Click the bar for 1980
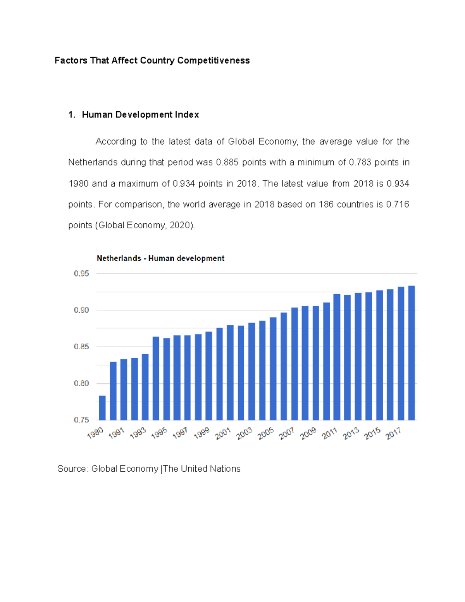point(102,407)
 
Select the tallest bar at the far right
point(412,353)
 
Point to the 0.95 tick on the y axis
point(81,274)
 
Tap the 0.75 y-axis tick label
point(81,420)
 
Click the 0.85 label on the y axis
point(81,347)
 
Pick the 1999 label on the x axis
point(201,433)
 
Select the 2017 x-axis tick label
point(393,433)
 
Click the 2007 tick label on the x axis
point(287,433)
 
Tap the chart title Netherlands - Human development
point(160,258)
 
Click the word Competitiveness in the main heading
point(214,60)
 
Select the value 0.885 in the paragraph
point(227,162)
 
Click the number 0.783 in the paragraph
point(360,162)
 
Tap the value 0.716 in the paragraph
point(398,204)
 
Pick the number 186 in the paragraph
point(326,204)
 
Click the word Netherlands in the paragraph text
point(93,162)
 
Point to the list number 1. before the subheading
point(71,115)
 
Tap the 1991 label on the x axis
point(116,433)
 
